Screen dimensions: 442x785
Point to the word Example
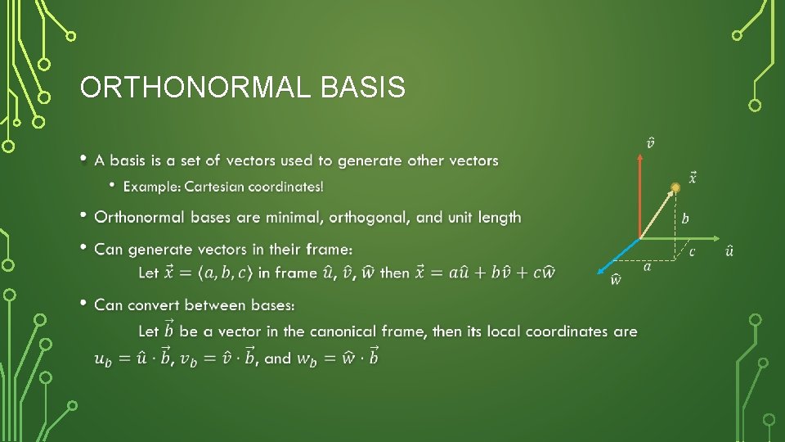pos(151,187)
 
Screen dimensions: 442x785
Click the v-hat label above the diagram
pos(651,143)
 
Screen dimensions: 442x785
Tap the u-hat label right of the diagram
pos(729,250)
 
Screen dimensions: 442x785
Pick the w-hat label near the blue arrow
pos(616,279)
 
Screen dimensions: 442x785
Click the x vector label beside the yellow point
pos(693,177)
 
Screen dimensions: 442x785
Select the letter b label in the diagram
pos(685,219)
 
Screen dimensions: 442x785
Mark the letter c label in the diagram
pos(692,250)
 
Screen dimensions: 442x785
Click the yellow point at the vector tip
pos(675,188)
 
